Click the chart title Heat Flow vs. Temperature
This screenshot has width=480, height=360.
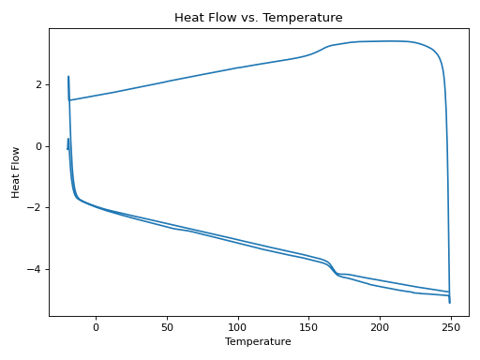coord(258,18)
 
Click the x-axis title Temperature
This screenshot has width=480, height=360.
coord(258,342)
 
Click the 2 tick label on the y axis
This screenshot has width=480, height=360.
coord(38,84)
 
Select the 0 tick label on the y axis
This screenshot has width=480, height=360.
coord(38,146)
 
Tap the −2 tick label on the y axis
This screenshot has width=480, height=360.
coord(36,208)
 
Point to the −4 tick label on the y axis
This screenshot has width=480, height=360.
coord(36,270)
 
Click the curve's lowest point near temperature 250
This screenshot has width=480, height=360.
coord(450,303)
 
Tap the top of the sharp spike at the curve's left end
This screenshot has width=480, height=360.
coord(68,77)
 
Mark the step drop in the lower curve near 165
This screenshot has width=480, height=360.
coord(332,267)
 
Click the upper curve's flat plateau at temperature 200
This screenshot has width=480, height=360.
coord(380,41)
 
